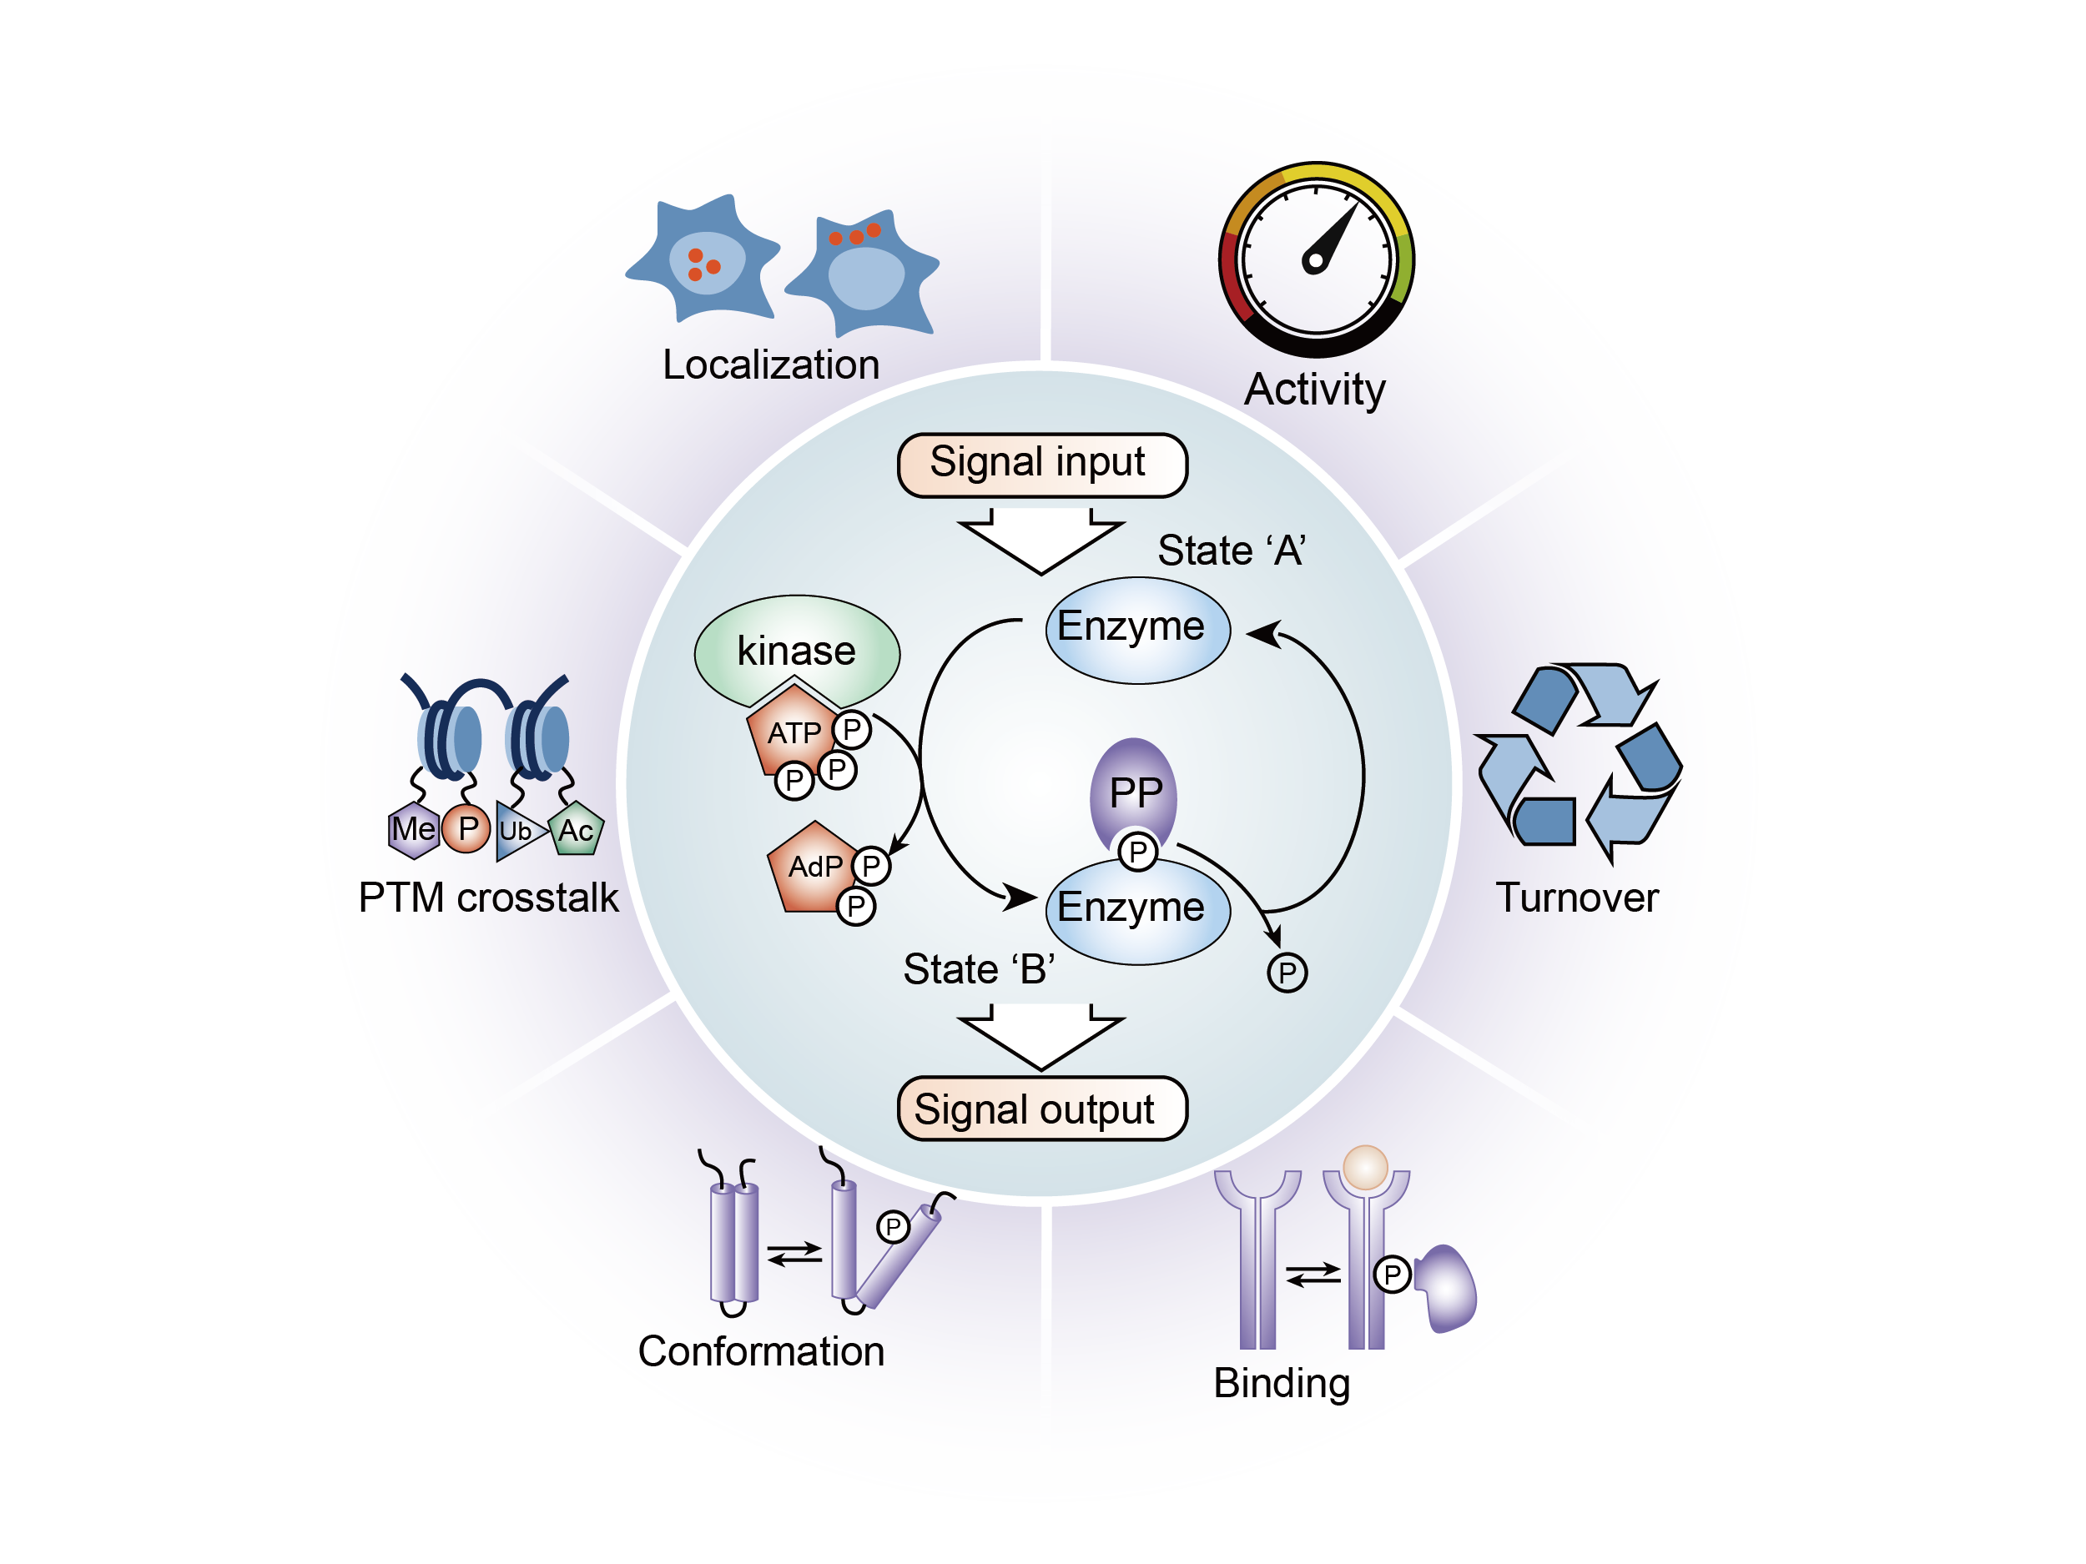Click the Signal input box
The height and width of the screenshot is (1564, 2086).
(x=1041, y=465)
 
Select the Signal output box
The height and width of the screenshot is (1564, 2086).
(x=1041, y=1109)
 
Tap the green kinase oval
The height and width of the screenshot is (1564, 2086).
(x=797, y=650)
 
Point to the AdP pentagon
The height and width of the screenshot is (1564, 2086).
(x=812, y=867)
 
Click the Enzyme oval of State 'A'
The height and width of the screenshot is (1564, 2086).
(x=1137, y=629)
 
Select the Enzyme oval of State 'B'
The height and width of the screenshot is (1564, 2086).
(x=1137, y=910)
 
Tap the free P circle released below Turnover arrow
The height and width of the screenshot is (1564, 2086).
(x=1287, y=972)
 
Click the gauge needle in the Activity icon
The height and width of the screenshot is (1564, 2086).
(x=1332, y=237)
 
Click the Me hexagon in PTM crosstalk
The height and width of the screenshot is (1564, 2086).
(x=413, y=830)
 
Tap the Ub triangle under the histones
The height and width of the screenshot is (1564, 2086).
(x=516, y=831)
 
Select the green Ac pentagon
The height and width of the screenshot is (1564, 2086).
(x=575, y=830)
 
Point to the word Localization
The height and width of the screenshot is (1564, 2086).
(x=770, y=365)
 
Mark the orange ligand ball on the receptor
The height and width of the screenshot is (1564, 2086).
(x=1364, y=1166)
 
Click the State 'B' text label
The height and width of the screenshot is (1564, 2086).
(x=979, y=969)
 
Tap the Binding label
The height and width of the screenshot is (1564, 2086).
(x=1282, y=1383)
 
